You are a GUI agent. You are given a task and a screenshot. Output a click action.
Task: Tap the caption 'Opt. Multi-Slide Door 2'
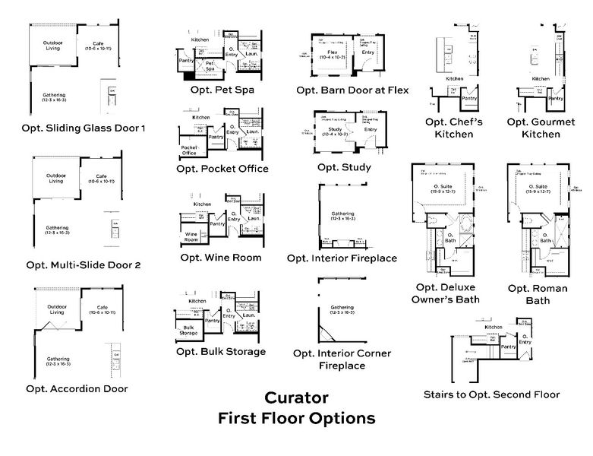click(x=84, y=265)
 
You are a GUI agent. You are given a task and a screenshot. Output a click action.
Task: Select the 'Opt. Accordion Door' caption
click(x=77, y=388)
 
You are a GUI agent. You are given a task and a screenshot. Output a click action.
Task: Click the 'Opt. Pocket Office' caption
click(x=222, y=168)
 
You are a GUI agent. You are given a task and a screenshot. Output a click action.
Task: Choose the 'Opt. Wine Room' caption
click(x=221, y=257)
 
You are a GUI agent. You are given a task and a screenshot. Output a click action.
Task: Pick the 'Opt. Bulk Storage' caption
click(x=221, y=351)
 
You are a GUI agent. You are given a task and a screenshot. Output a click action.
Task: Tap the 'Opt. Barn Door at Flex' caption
click(x=352, y=90)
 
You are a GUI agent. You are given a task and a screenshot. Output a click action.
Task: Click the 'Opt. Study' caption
click(x=344, y=166)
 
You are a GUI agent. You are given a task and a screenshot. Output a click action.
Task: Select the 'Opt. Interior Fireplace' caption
click(x=342, y=258)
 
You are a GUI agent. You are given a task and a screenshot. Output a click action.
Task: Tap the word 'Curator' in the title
click(x=296, y=398)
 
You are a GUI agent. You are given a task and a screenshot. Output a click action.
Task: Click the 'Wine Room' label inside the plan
click(x=192, y=236)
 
